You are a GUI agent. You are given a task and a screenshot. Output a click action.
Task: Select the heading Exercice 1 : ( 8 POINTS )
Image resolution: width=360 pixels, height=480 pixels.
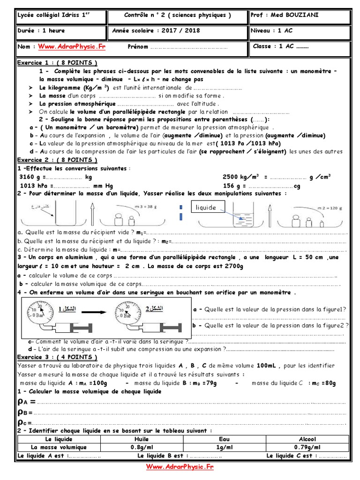[x=57, y=63]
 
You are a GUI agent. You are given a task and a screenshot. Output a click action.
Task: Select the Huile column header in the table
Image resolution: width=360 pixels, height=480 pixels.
[x=141, y=439]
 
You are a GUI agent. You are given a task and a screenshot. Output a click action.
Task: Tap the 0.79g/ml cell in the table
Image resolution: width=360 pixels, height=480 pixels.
[x=307, y=447]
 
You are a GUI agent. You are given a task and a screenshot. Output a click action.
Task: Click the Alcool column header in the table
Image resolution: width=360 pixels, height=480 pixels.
[x=307, y=439]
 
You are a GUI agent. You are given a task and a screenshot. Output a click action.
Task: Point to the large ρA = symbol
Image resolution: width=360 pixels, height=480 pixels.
[x=26, y=401]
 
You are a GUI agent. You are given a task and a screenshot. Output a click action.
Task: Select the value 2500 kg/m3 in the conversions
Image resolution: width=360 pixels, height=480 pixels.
[x=242, y=177]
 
